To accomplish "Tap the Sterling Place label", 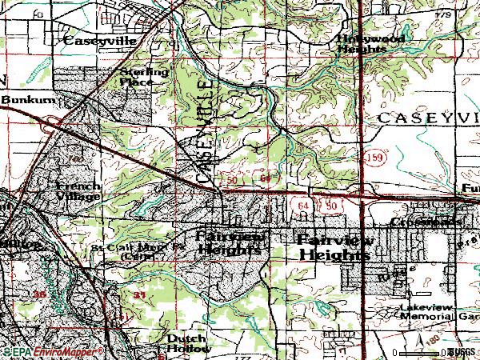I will point(144,76).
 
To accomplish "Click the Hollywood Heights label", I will point(370,43).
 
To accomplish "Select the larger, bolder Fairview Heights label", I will point(334,247).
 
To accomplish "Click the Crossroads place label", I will point(427,221).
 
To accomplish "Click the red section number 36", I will point(40,295).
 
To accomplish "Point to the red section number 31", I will point(140,295).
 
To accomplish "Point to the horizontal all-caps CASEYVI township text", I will point(427,118).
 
